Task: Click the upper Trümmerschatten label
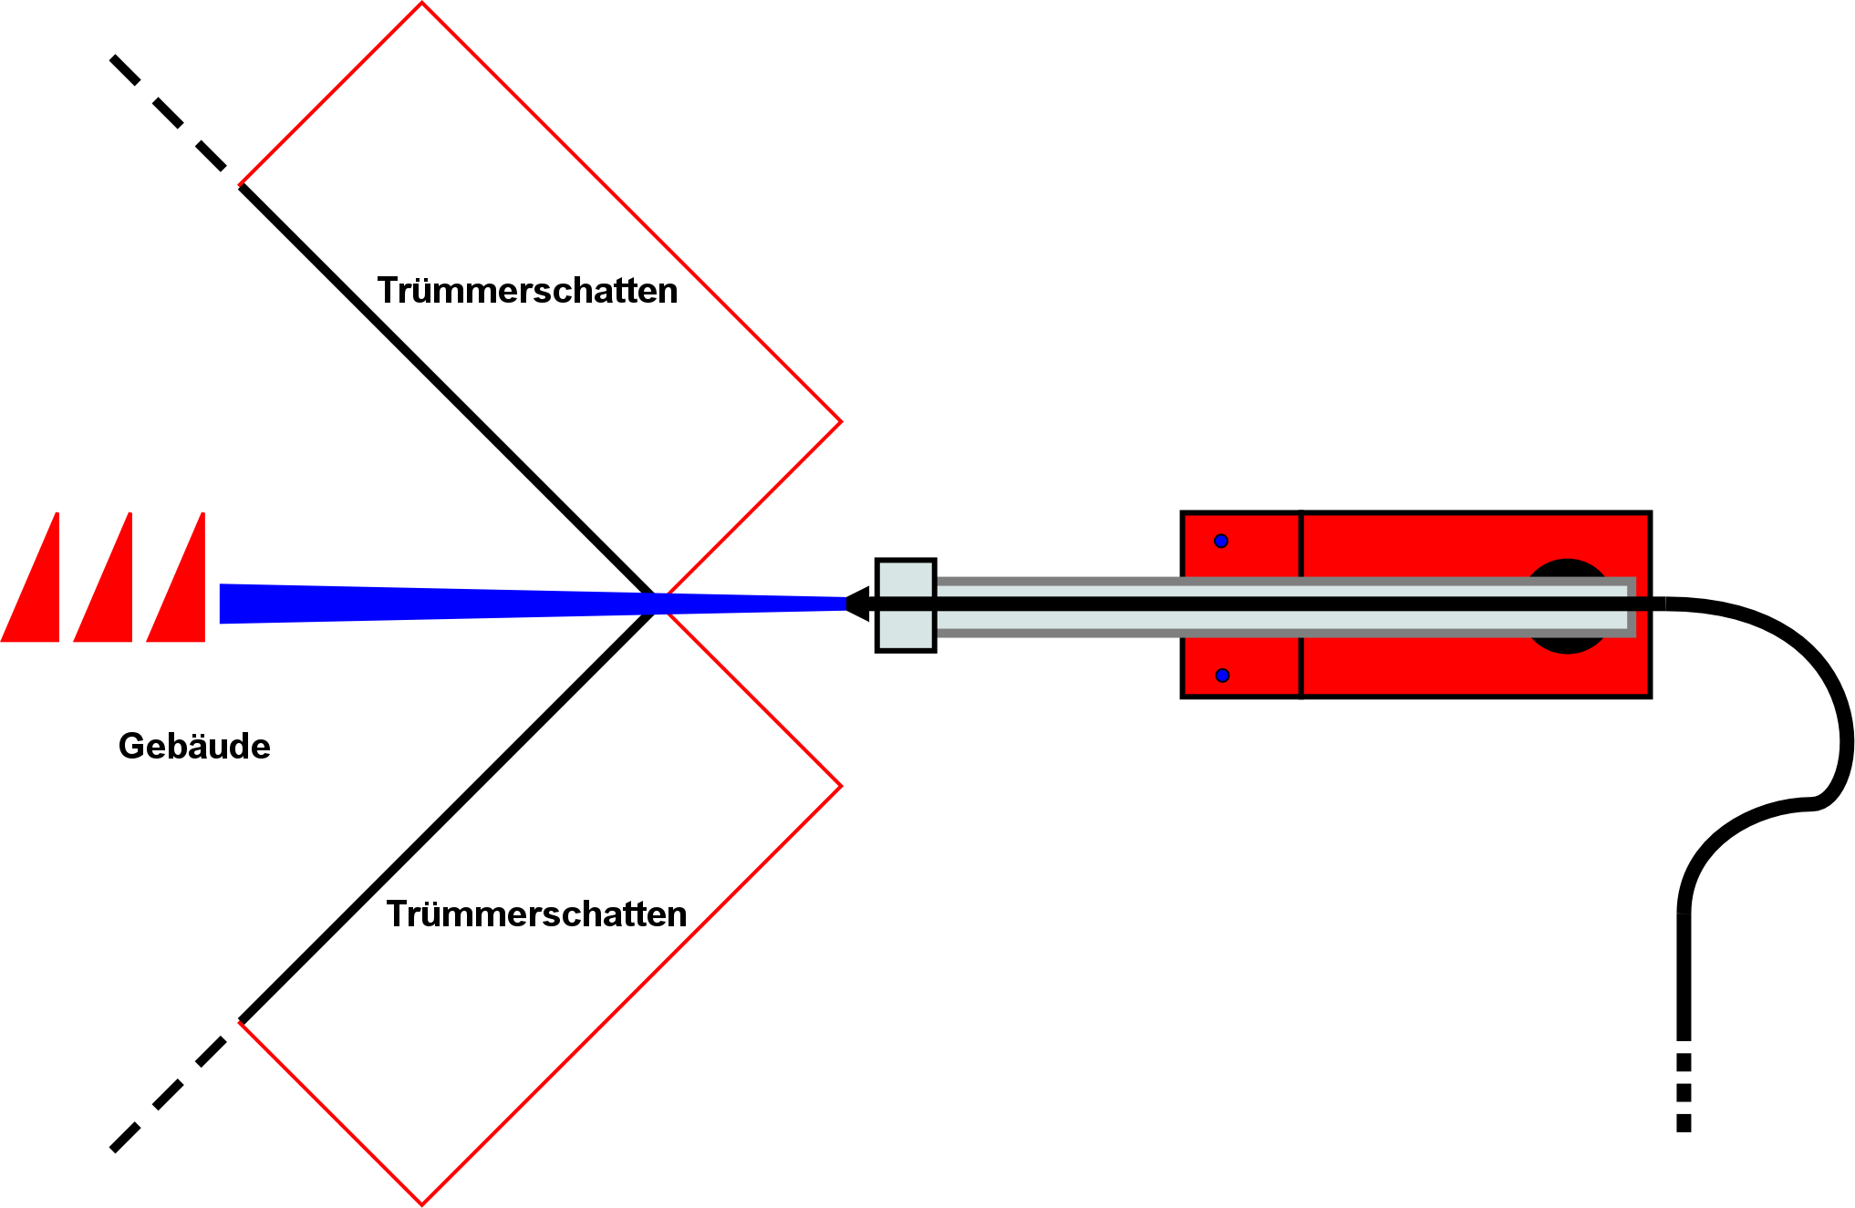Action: (x=527, y=291)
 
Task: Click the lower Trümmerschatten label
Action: (x=536, y=914)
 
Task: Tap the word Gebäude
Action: (x=194, y=747)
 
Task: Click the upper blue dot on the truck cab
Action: (x=1221, y=542)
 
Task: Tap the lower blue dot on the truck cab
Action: (x=1222, y=676)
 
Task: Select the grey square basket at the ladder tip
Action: (x=906, y=629)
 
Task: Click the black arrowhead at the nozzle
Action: (x=857, y=604)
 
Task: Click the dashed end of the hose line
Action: (x=1684, y=1094)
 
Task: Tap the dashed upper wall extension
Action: (x=168, y=113)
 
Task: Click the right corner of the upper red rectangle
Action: (x=840, y=421)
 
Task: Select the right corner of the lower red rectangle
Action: (x=840, y=786)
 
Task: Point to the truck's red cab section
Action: (x=1241, y=556)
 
